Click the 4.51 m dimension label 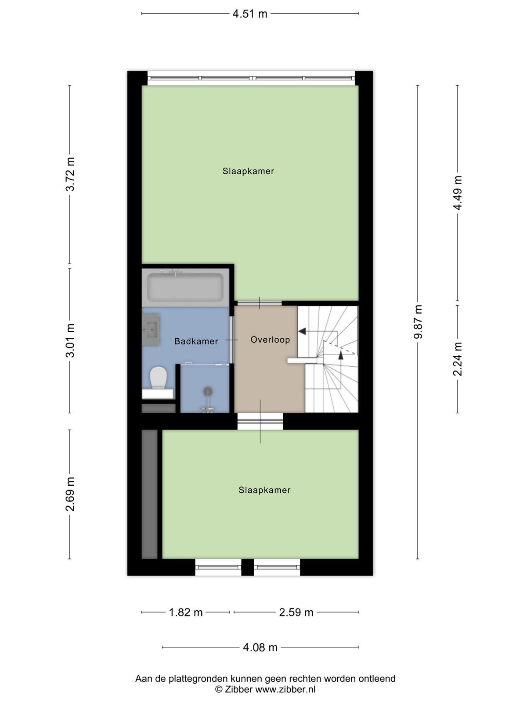pyautogui.click(x=250, y=14)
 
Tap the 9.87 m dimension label pyautogui.click(x=418, y=322)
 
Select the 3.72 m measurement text pyautogui.click(x=70, y=174)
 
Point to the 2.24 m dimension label pyautogui.click(x=458, y=359)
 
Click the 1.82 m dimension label pyautogui.click(x=186, y=612)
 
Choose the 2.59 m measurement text pyautogui.click(x=296, y=612)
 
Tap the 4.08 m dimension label pyautogui.click(x=260, y=647)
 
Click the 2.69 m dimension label pyautogui.click(x=70, y=494)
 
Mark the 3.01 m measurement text pyautogui.click(x=70, y=340)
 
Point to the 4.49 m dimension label pyautogui.click(x=458, y=193)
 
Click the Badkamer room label pyautogui.click(x=196, y=341)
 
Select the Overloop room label pyautogui.click(x=270, y=340)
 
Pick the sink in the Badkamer pyautogui.click(x=151, y=330)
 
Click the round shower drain pyautogui.click(x=208, y=391)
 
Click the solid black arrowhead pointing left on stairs pyautogui.click(x=302, y=331)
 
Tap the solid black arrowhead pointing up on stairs pyautogui.click(x=340, y=355)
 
